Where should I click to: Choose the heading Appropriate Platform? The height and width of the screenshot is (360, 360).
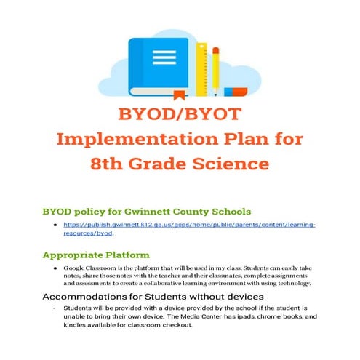pos(96,255)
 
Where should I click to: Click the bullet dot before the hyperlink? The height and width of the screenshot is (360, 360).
pos(55,228)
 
